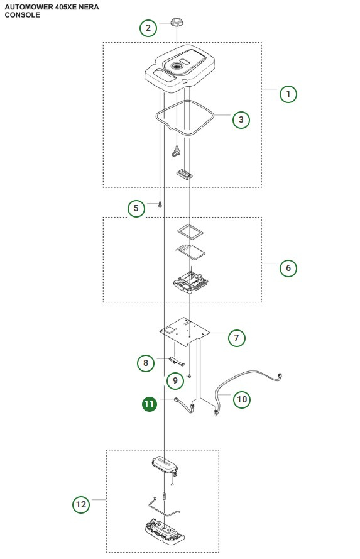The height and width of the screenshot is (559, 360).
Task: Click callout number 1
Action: [x=288, y=94]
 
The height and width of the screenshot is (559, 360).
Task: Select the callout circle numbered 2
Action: [x=148, y=28]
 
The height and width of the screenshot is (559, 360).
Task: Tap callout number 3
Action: [x=241, y=119]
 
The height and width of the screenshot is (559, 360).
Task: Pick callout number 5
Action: [x=136, y=208]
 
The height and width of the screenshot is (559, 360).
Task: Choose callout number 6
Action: [x=288, y=268]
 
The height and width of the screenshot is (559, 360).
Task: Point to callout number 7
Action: [x=236, y=338]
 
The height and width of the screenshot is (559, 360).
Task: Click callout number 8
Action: [x=146, y=362]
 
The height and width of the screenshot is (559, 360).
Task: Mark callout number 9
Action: [x=175, y=380]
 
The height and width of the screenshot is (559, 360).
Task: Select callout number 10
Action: [x=241, y=399]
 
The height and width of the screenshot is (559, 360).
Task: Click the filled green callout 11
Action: [x=149, y=404]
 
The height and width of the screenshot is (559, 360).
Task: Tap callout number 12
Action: [x=81, y=504]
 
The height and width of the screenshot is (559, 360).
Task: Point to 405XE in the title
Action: [x=65, y=6]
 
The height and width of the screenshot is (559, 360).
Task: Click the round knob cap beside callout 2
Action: [x=176, y=23]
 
